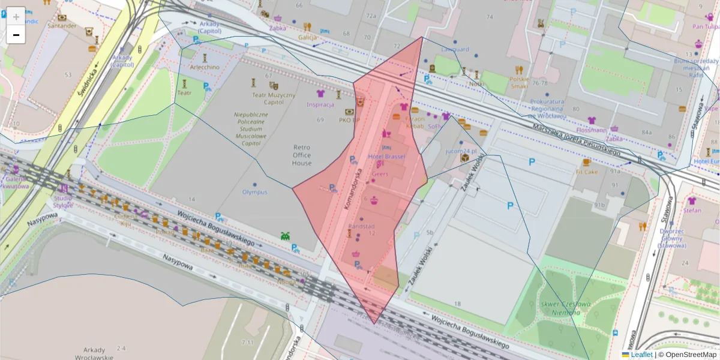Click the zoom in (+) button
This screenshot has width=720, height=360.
pos(16,16)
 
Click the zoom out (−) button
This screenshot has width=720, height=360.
pos(16,35)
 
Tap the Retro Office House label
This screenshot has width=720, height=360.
pos(302,155)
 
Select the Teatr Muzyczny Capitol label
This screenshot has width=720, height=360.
pos(274,98)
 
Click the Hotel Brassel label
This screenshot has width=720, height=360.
pos(386,157)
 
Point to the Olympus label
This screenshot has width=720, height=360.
pos(254,192)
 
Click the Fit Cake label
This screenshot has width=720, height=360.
pos(586,172)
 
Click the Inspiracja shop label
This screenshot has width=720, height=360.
pos(320,104)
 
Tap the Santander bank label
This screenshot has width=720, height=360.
pos(62,26)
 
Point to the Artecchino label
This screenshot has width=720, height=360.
pos(205,67)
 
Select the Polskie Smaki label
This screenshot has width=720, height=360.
pos(520,82)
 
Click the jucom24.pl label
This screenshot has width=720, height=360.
pos(461,151)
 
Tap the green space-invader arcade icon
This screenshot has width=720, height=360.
pos(285,236)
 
